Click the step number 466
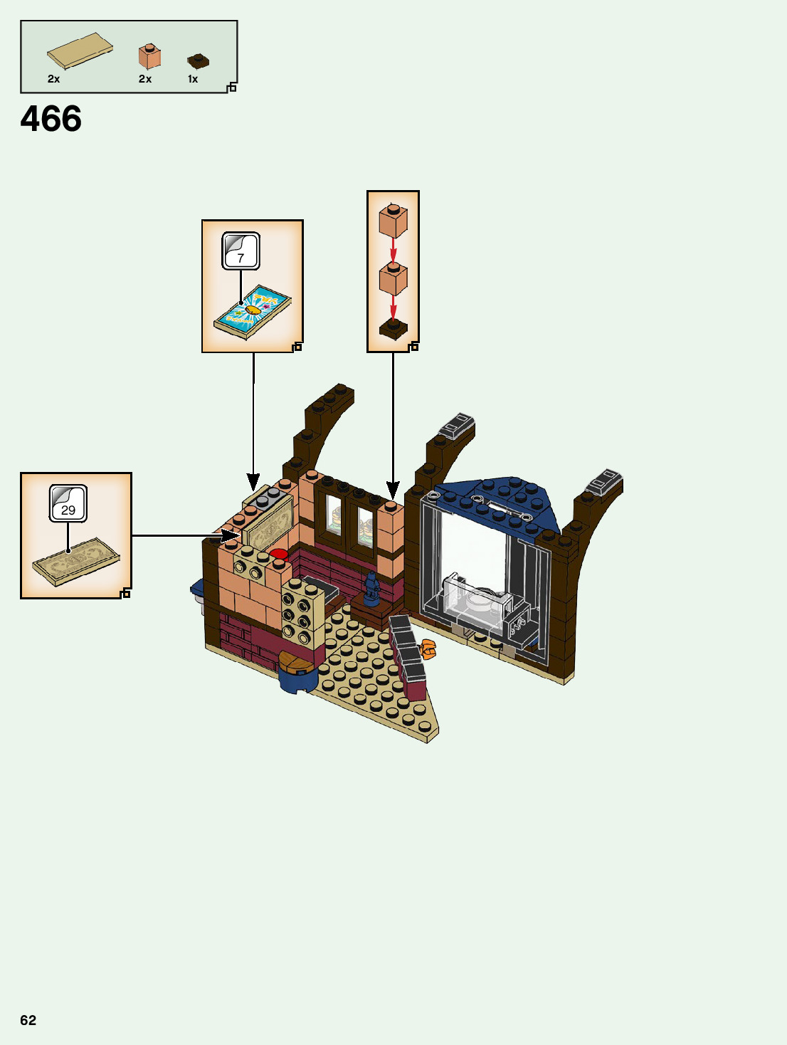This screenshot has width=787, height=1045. [51, 119]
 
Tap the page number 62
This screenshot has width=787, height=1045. [28, 1020]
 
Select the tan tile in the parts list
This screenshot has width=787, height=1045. [80, 51]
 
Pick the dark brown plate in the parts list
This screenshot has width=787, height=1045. [198, 61]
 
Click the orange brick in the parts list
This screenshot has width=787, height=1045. [149, 57]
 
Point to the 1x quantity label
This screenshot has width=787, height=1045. [193, 79]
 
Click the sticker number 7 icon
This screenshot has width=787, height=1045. [241, 251]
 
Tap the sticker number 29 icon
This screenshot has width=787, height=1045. [68, 503]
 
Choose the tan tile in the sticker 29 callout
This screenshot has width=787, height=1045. [76, 562]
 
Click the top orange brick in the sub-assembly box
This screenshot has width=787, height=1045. [393, 221]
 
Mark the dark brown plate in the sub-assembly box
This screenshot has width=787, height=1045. [393, 329]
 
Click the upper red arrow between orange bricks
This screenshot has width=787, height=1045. [393, 250]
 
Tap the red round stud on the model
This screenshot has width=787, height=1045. [278, 554]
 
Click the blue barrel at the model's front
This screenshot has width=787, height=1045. [297, 672]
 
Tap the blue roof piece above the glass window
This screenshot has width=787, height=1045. [498, 498]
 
